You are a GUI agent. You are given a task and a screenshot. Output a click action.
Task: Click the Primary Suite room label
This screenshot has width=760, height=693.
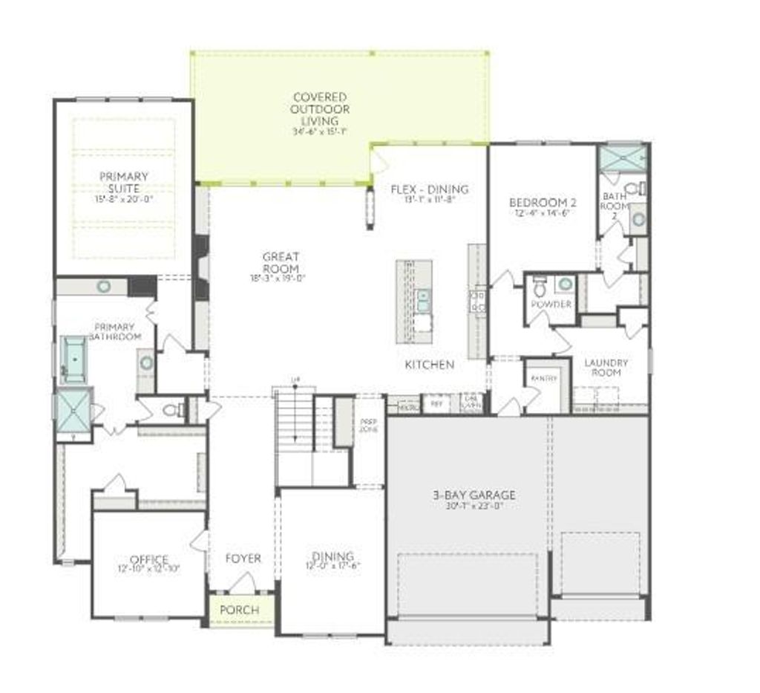click(x=124, y=182)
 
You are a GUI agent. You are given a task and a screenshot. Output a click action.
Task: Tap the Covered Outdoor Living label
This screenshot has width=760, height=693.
click(x=319, y=108)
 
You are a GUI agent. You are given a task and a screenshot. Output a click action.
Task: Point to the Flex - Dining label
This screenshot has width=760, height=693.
click(x=430, y=189)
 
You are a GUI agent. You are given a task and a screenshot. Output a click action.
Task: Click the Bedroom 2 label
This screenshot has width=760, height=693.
click(x=543, y=203)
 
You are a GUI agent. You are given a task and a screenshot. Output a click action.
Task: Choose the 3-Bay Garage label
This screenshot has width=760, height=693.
click(x=474, y=495)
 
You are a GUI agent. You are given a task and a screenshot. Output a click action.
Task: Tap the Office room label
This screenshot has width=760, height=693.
click(x=148, y=559)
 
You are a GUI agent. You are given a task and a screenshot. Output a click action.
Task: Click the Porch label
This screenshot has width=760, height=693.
click(x=240, y=610)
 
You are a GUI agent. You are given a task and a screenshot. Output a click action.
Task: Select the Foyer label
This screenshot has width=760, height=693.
click(x=243, y=559)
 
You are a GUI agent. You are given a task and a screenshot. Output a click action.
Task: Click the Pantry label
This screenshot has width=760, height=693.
click(x=543, y=379)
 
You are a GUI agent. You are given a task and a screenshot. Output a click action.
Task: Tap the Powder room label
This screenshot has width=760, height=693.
click(x=551, y=305)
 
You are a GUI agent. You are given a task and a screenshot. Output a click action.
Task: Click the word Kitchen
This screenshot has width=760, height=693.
click(x=429, y=365)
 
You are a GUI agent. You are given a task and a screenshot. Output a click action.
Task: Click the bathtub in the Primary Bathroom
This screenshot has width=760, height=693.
click(x=73, y=359)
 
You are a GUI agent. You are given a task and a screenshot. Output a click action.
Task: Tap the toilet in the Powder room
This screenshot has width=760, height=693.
click(x=540, y=287)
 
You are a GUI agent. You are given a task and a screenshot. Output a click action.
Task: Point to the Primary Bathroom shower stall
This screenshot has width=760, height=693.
click(x=73, y=410)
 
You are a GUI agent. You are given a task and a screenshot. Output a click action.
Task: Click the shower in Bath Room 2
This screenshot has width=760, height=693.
click(x=622, y=157)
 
